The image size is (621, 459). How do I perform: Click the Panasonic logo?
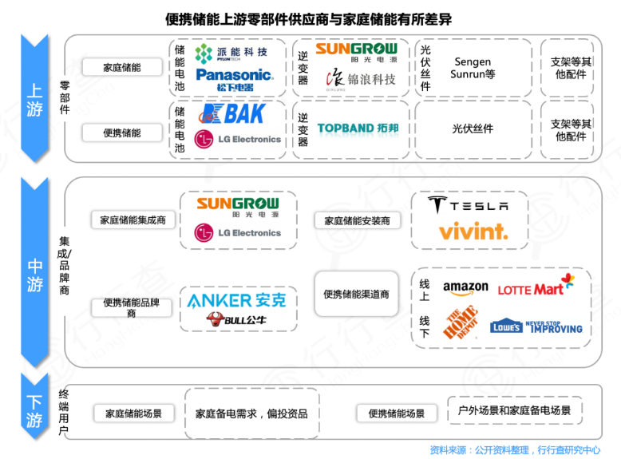(235, 78)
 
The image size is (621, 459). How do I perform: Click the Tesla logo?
(469, 205)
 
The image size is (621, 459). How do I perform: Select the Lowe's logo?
(505, 326)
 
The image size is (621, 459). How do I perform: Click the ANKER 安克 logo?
(236, 301)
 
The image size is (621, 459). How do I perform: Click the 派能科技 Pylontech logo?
(235, 53)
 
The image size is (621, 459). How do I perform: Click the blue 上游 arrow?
(33, 96)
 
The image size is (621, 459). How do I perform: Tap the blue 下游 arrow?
(33, 411)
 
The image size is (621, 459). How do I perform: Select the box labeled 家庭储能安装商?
(357, 220)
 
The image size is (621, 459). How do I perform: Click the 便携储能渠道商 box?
(357, 295)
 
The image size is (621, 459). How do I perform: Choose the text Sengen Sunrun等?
(473, 67)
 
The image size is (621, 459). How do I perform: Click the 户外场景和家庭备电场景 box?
(514, 410)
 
